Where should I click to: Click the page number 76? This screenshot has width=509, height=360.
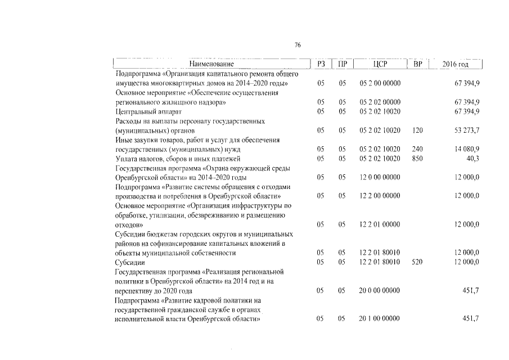click(x=298, y=46)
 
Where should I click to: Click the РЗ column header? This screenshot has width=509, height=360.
click(x=321, y=65)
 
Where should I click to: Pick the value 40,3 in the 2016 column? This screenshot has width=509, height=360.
click(x=472, y=159)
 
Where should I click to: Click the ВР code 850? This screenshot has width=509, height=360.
click(x=417, y=159)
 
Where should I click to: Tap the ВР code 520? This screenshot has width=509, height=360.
click(x=417, y=263)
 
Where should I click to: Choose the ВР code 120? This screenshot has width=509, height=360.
click(x=417, y=130)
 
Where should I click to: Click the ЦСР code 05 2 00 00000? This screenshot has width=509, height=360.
click(x=380, y=83)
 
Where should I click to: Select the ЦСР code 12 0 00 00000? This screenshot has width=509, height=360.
click(x=380, y=178)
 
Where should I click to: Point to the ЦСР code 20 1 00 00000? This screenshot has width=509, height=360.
click(x=380, y=319)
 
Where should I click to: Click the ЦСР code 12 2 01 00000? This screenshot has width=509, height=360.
click(x=380, y=224)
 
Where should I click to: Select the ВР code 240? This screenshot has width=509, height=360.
click(x=417, y=150)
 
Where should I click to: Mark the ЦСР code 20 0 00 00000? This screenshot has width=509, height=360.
click(x=380, y=291)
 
